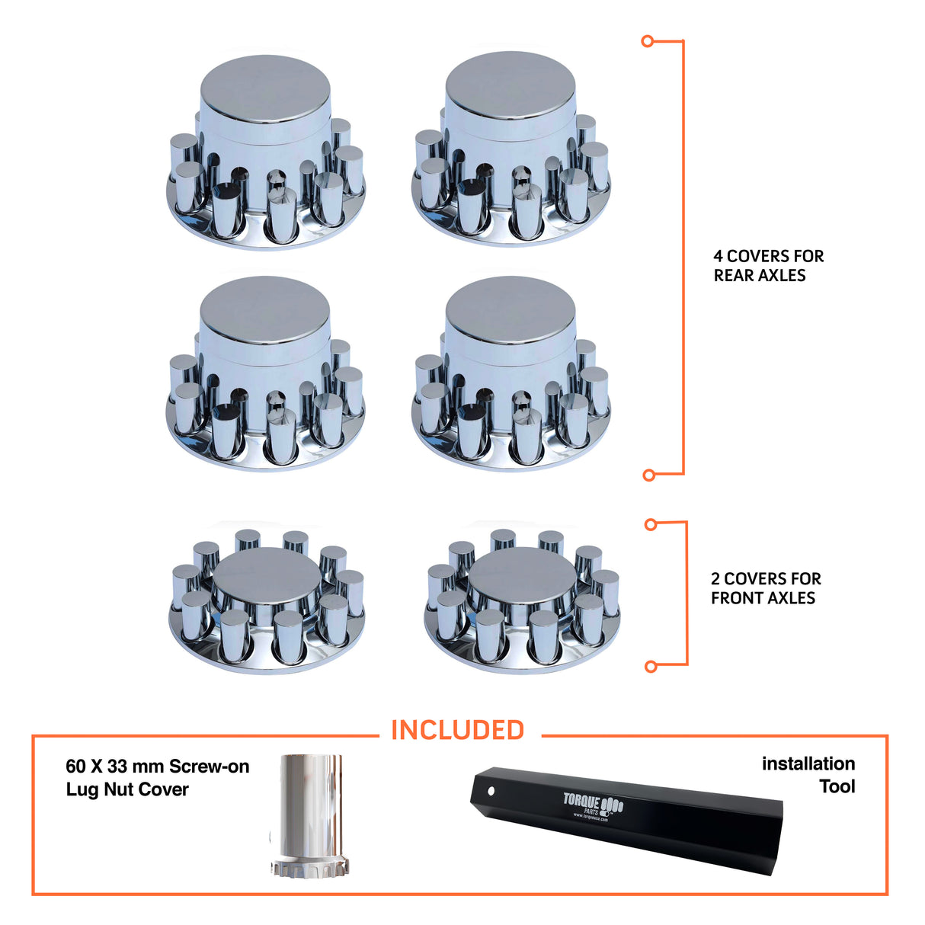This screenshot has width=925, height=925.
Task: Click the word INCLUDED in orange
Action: click(x=457, y=730)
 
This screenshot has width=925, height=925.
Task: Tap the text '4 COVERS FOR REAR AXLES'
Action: click(x=768, y=266)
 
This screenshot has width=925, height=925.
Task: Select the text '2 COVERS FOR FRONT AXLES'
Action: click(x=765, y=588)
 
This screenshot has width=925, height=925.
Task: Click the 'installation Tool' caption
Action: click(x=809, y=774)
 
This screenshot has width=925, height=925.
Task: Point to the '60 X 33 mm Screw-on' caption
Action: click(x=157, y=767)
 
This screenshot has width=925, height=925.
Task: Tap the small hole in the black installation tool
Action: click(x=490, y=790)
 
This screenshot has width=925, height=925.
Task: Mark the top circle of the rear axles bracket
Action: click(x=648, y=41)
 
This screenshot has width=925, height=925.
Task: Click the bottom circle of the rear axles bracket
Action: click(x=649, y=475)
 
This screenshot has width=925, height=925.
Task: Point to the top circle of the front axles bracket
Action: click(x=651, y=524)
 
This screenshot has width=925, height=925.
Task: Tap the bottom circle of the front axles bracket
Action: click(x=651, y=667)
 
